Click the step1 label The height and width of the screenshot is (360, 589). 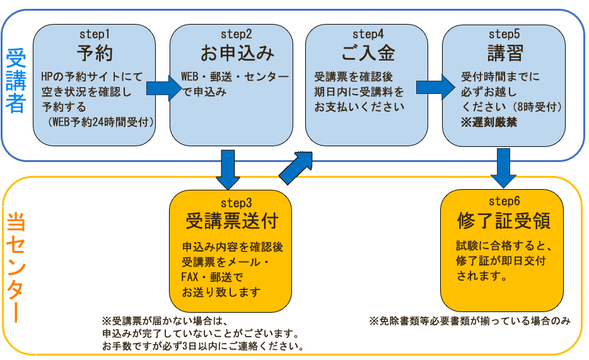(x=95, y=32)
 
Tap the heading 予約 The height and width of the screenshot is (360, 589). (x=95, y=52)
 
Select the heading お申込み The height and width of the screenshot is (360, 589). (x=229, y=52)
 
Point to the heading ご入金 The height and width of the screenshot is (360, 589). (x=368, y=52)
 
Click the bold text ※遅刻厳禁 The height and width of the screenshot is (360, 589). (x=489, y=122)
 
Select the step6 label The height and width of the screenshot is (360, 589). (x=503, y=201)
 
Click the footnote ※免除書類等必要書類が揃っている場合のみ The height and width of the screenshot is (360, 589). (x=469, y=321)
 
